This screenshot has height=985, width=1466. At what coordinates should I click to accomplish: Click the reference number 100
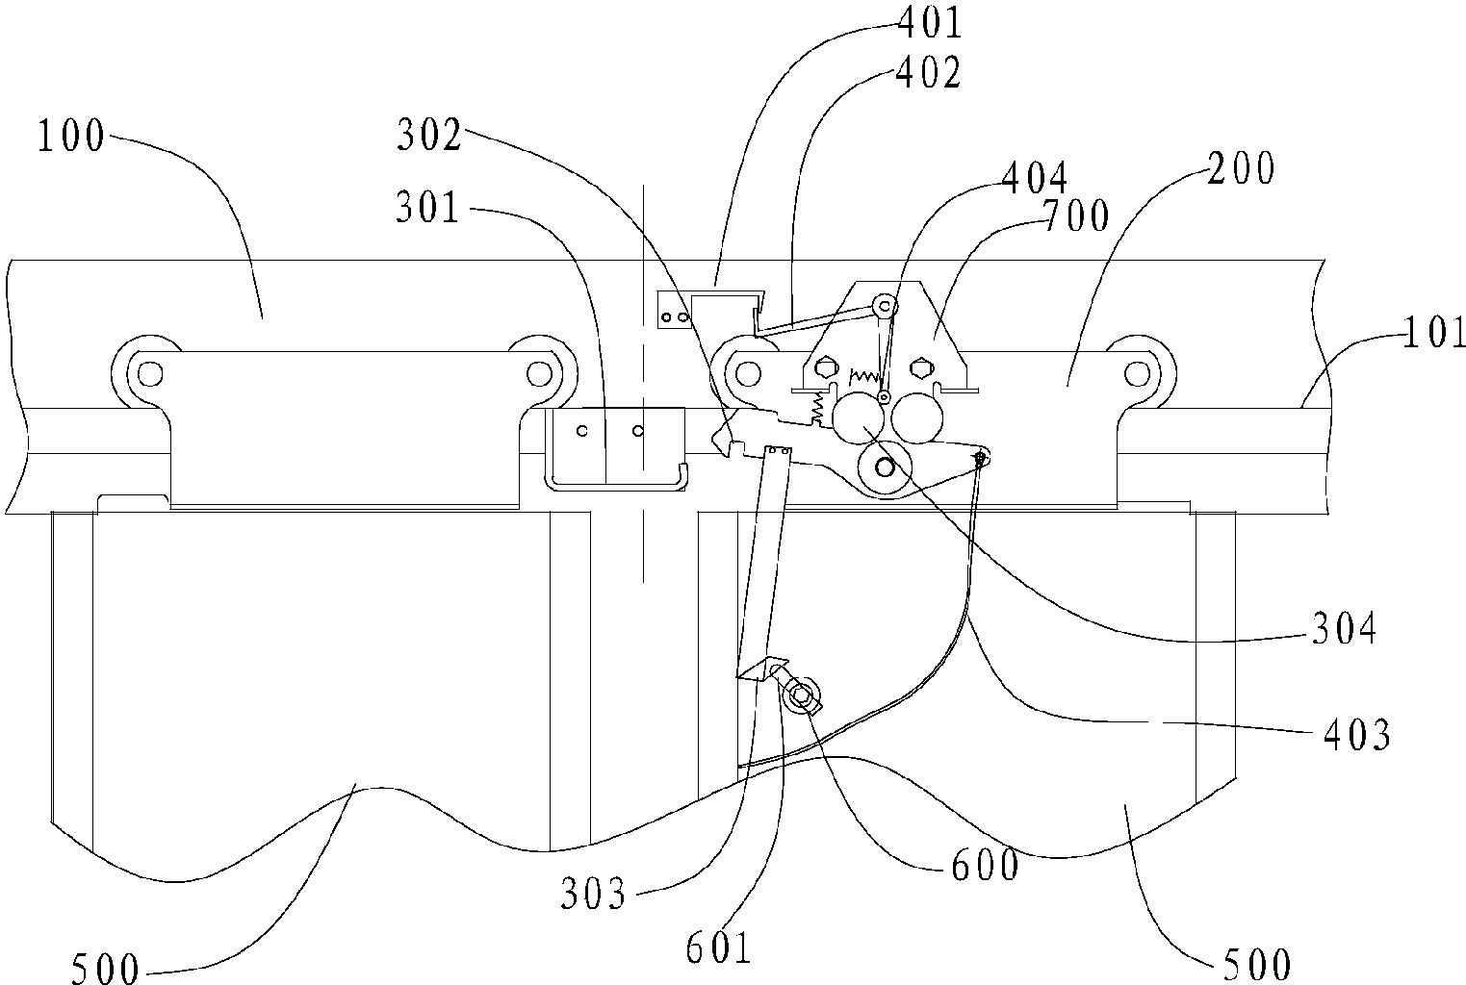[x=70, y=136]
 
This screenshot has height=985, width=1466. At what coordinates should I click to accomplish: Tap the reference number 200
[x=1241, y=168]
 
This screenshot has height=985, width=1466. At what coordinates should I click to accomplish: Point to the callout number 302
[x=428, y=135]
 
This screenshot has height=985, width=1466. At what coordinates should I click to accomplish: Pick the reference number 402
[x=928, y=72]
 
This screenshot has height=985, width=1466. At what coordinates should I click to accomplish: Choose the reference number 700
[x=1076, y=215]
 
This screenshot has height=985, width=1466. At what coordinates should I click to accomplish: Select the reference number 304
[x=1345, y=629]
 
